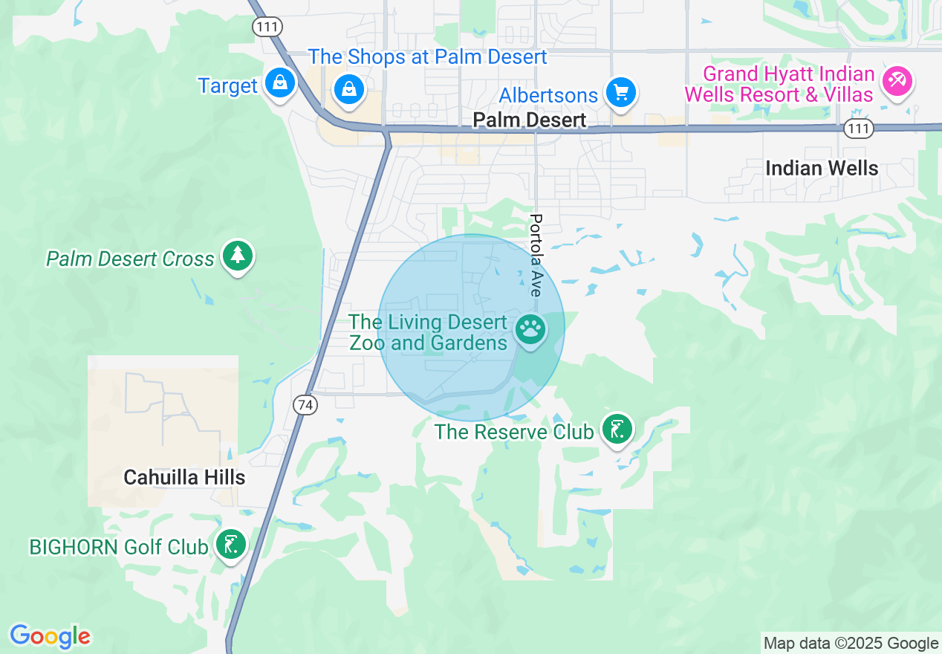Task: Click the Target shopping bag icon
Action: (279, 83)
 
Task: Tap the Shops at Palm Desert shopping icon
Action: (348, 90)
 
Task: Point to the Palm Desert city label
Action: (530, 120)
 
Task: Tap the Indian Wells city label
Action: (822, 169)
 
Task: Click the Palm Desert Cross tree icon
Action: (238, 256)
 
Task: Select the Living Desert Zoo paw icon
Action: (530, 329)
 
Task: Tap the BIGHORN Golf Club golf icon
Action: (231, 545)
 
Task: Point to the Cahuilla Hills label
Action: (184, 477)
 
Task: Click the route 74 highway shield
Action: (305, 405)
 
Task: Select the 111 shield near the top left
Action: (265, 27)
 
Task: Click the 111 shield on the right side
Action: (858, 129)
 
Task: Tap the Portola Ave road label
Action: (536, 255)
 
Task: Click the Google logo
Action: (50, 636)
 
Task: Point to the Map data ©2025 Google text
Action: (851, 644)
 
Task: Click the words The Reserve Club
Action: (514, 432)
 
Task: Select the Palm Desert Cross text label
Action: (130, 259)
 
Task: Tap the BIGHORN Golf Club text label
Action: (119, 548)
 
